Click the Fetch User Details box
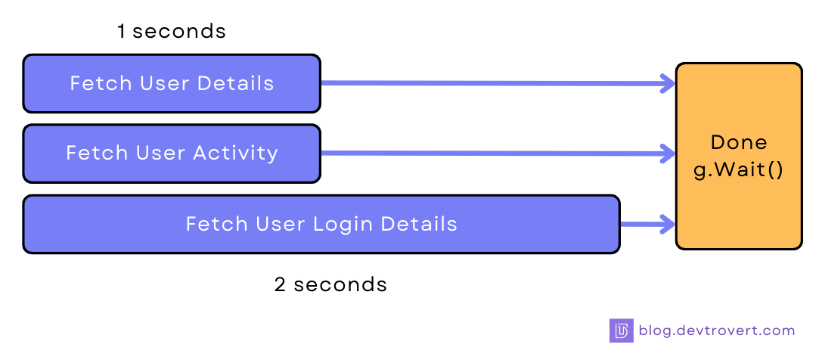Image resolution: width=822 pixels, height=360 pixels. [172, 83]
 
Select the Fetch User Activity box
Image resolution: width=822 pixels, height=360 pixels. [172, 154]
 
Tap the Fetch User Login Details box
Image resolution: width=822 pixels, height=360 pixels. [321, 224]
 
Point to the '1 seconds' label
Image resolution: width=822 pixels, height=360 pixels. [172, 31]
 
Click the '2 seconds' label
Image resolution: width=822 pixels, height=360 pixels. [330, 284]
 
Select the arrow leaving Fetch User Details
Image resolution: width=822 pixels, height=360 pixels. [492, 83]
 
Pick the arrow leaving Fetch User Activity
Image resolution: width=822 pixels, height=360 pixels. [492, 154]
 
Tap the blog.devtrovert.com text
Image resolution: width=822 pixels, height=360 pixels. [717, 331]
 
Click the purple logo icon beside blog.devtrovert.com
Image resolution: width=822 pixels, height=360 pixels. [621, 331]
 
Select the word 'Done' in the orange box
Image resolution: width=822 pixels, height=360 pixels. [739, 142]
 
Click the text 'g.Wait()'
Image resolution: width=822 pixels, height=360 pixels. [739, 169]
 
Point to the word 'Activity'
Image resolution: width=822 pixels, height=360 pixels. [235, 154]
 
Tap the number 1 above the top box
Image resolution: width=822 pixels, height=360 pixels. [121, 31]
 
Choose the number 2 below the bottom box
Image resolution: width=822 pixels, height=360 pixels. [281, 284]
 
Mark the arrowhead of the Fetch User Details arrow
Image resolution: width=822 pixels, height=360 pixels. [668, 84]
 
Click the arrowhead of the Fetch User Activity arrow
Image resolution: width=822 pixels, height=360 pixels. [668, 154]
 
